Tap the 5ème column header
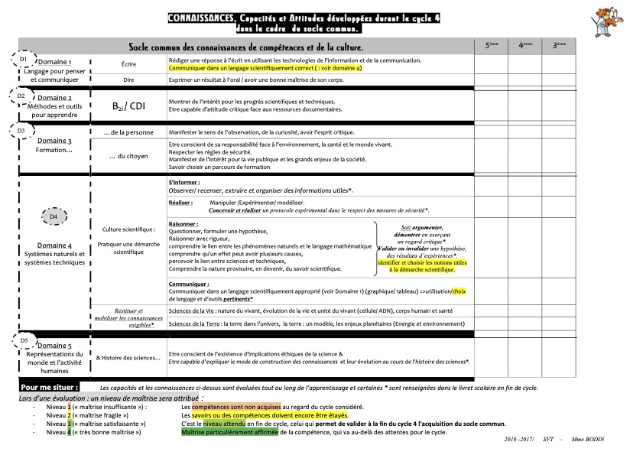pos(491,46)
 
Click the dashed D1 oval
pos(24,59)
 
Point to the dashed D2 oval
pos(21,96)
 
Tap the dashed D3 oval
pos(21,131)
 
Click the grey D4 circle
pos(54,217)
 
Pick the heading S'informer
pos(183,183)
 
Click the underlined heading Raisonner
pos(183,224)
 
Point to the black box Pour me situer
pos(49,388)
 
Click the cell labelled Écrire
pos(128,64)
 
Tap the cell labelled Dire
pos(128,79)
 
